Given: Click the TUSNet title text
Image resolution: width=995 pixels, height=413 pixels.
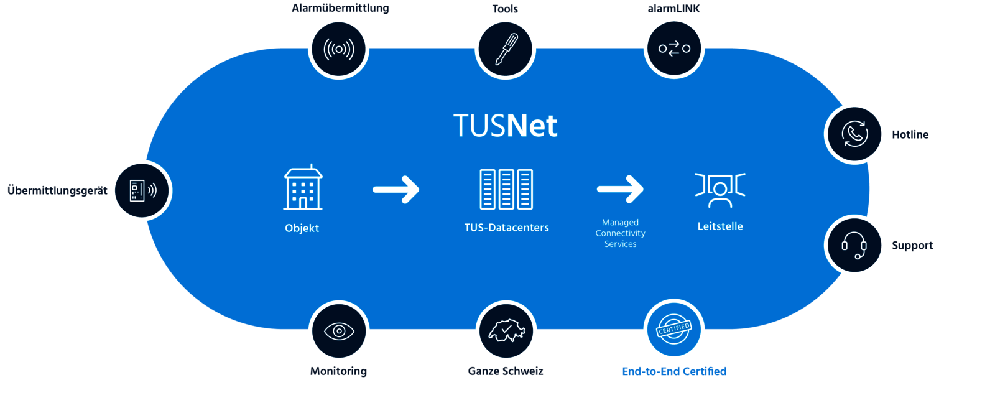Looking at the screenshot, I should tap(505, 126).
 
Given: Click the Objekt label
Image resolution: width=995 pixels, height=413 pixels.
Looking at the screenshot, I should tap(302, 228).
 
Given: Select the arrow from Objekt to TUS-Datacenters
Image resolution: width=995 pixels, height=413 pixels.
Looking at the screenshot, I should tap(396, 189).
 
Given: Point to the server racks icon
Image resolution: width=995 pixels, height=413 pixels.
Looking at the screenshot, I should tap(506, 189).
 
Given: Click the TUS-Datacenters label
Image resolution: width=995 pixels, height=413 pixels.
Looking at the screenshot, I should tap(506, 228).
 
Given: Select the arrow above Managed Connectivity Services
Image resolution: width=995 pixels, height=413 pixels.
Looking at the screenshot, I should tap(620, 189).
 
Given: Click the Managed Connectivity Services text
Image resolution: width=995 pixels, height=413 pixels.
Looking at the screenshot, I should tap(620, 233).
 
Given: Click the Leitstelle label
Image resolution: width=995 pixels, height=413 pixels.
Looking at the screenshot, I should tap(720, 226).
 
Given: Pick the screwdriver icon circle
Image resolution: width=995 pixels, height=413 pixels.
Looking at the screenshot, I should tap(506, 49).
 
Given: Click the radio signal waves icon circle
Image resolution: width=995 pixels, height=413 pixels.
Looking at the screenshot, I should tap(339, 49).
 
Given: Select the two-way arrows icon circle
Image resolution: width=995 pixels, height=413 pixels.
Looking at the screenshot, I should tap(674, 49).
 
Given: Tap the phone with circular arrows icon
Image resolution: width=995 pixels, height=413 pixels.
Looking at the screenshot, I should tap(855, 134).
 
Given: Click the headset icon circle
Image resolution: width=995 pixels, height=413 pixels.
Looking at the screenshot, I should tap(855, 245).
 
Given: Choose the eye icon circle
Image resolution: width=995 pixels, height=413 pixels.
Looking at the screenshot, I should tap(339, 332).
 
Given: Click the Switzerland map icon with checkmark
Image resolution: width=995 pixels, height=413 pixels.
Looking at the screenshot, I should tap(506, 332).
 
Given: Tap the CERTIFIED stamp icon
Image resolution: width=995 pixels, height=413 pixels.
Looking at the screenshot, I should tap(674, 330).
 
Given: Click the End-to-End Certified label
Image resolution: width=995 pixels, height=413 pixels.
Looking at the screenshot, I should tap(674, 371).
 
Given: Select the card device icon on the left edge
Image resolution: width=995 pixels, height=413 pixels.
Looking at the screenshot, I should tap(142, 190).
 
